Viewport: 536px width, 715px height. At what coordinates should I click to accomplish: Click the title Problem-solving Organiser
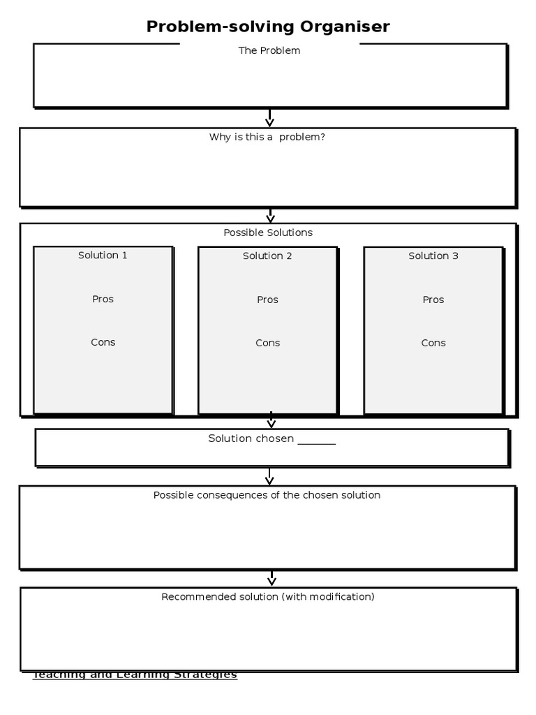268,27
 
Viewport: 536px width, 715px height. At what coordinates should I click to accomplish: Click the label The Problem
269,50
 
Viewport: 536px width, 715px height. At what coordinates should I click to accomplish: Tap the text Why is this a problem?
267,137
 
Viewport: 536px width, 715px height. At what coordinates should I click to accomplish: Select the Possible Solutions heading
268,233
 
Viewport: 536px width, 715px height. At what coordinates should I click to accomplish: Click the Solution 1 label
103,255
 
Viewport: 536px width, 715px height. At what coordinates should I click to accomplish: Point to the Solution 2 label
267,256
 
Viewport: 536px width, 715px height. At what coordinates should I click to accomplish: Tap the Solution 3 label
433,256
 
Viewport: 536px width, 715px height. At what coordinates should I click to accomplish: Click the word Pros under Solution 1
103,299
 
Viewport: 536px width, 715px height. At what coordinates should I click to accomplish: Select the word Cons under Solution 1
103,342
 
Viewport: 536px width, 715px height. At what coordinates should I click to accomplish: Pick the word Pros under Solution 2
267,300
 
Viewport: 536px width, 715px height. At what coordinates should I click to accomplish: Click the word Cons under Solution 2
267,343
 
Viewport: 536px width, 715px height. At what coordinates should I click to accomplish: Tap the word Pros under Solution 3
433,300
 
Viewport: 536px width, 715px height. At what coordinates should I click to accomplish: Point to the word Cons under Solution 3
433,343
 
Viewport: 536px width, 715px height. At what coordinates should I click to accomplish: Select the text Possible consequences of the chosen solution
267,495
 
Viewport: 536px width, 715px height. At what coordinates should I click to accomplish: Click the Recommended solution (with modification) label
268,596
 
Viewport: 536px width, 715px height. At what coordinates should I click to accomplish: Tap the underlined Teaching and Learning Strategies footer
135,675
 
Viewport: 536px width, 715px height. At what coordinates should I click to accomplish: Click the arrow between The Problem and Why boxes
269,118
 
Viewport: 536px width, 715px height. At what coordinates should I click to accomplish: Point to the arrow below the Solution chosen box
269,476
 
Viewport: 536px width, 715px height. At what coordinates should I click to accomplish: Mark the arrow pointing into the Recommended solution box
271,578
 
